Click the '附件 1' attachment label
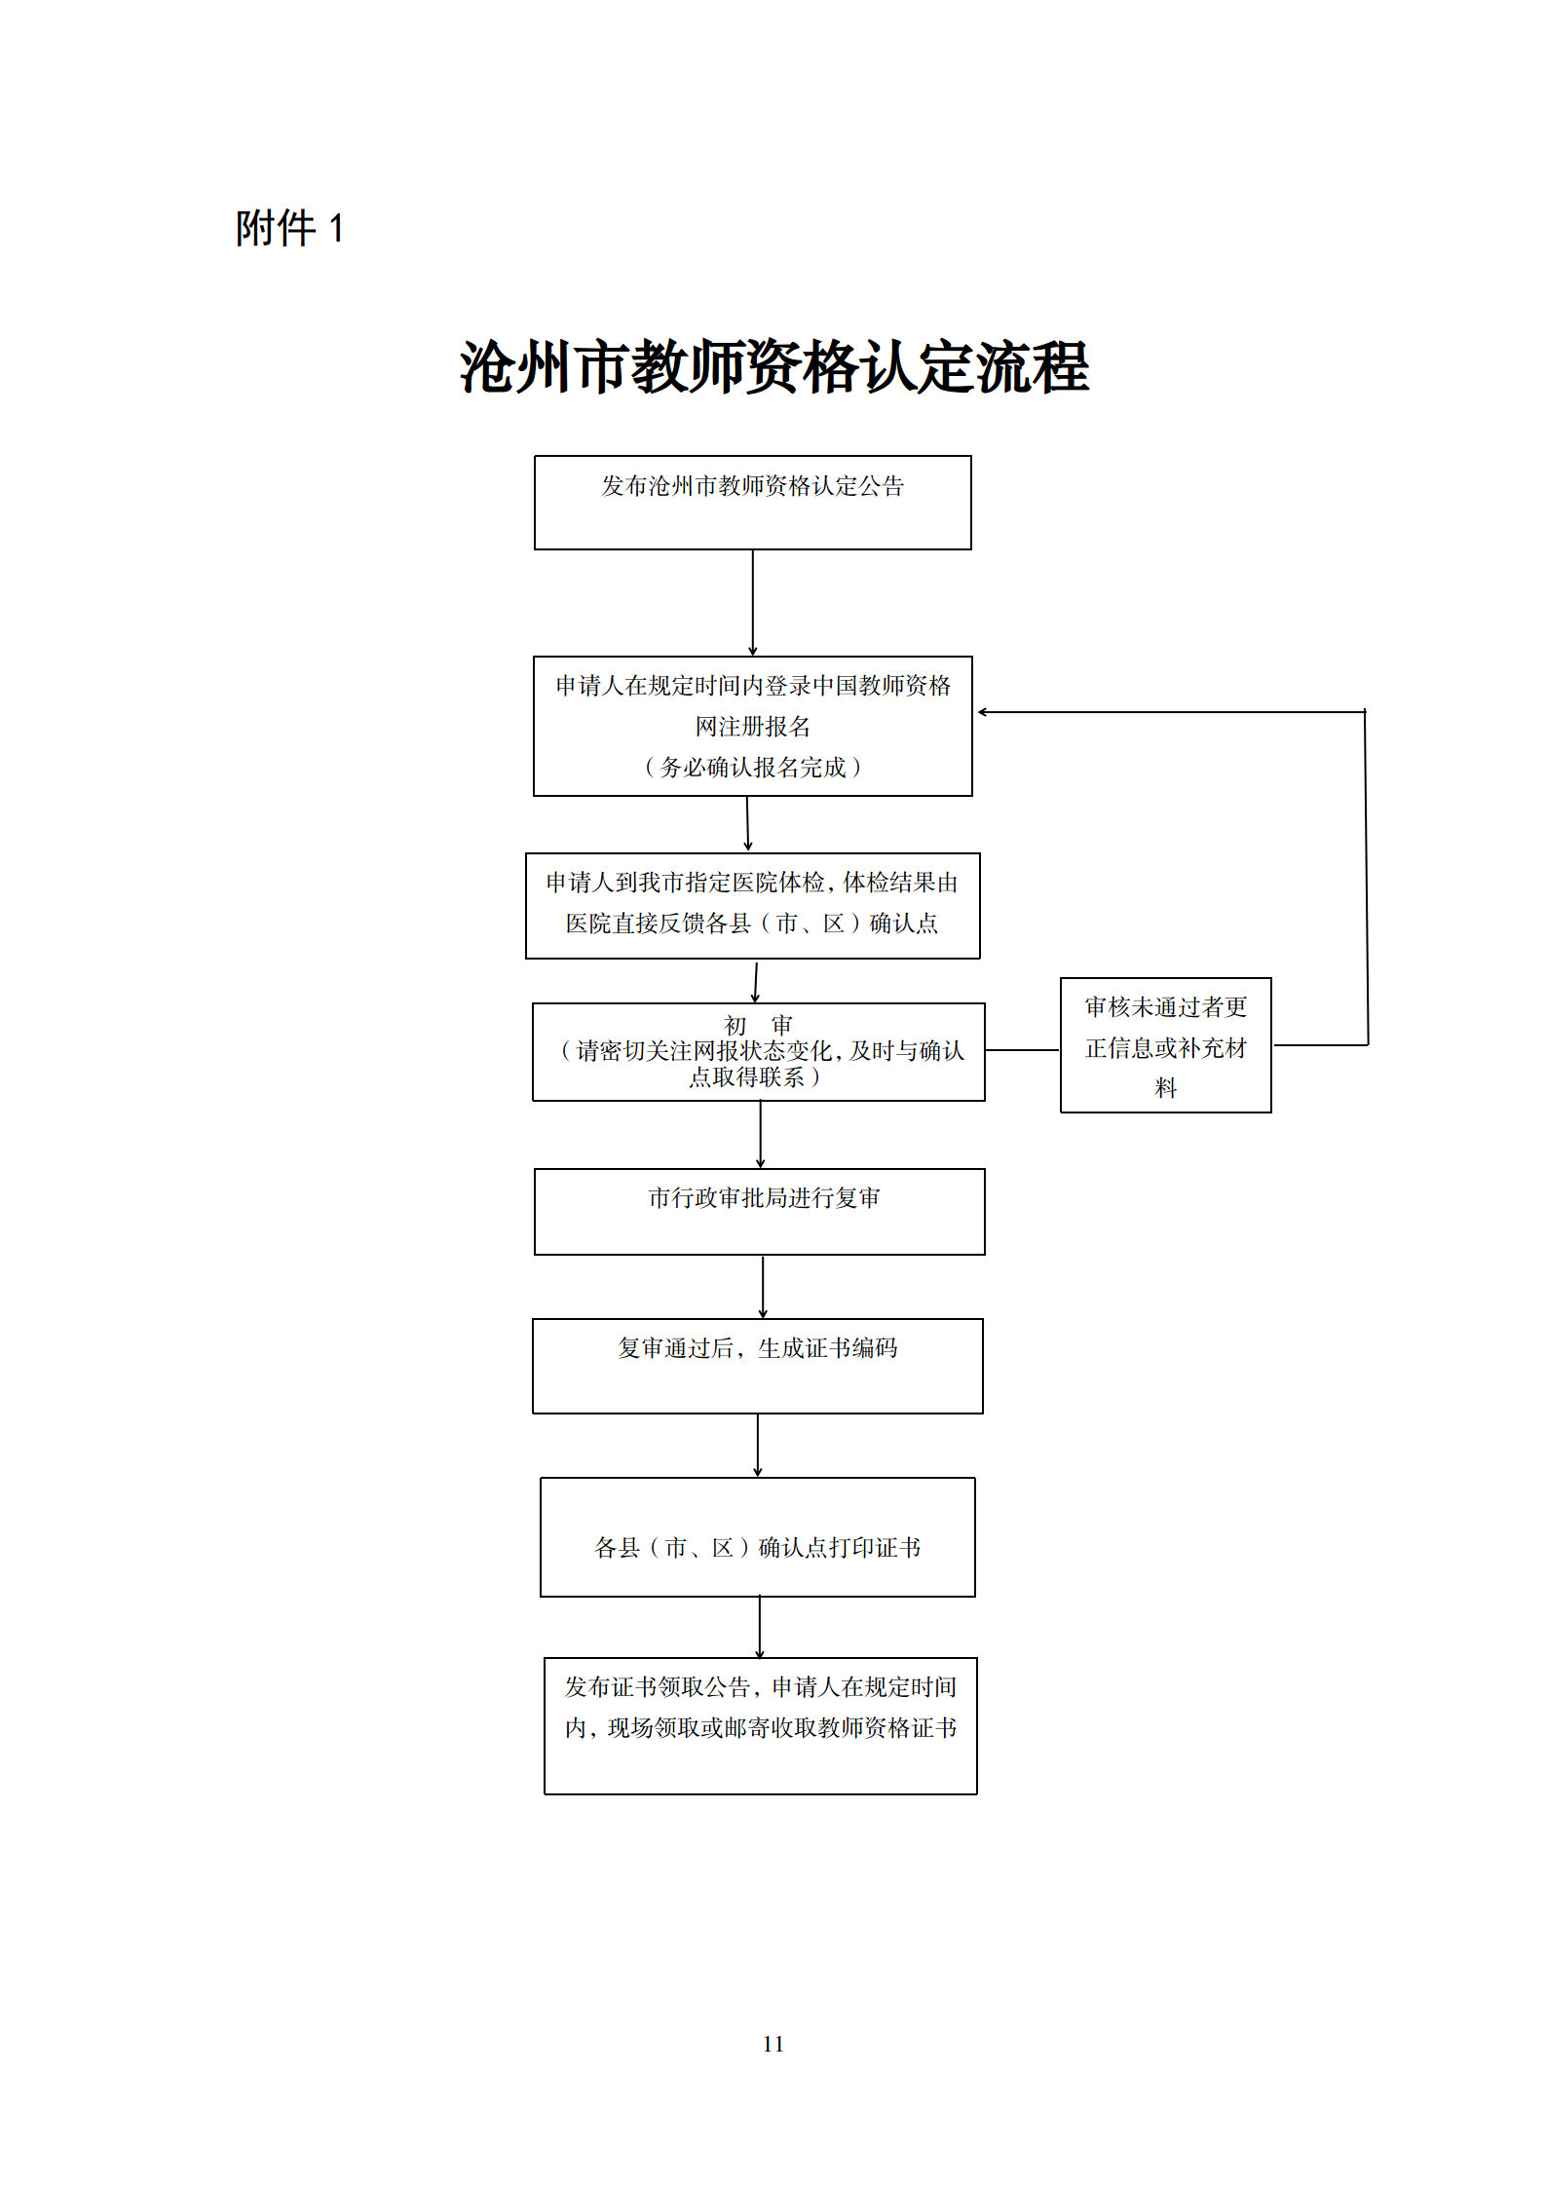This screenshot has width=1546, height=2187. (289, 229)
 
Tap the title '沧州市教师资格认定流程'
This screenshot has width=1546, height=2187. (773, 367)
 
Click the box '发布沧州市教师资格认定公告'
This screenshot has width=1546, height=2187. (752, 502)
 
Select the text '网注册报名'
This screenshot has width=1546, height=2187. (752, 727)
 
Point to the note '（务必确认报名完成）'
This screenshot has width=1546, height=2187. (752, 768)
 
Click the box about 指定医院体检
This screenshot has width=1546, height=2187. (752, 905)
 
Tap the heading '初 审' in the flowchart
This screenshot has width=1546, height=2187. (758, 1025)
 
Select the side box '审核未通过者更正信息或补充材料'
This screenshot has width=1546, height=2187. (1165, 1045)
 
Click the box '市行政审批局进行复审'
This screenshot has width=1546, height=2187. (760, 1211)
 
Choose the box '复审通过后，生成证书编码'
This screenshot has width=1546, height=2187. (757, 1365)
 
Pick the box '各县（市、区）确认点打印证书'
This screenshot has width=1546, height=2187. (757, 1536)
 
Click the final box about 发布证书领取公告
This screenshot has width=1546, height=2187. (760, 1724)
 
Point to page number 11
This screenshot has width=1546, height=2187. (773, 2043)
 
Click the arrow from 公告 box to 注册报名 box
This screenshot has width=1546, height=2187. (752, 602)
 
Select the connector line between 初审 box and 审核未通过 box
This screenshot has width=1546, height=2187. (1022, 1050)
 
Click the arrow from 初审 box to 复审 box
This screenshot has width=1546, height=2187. (760, 1134)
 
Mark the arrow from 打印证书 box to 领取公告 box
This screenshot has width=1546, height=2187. (760, 1627)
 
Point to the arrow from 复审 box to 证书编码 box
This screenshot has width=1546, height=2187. (763, 1286)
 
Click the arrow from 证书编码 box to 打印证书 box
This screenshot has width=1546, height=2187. (757, 1445)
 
